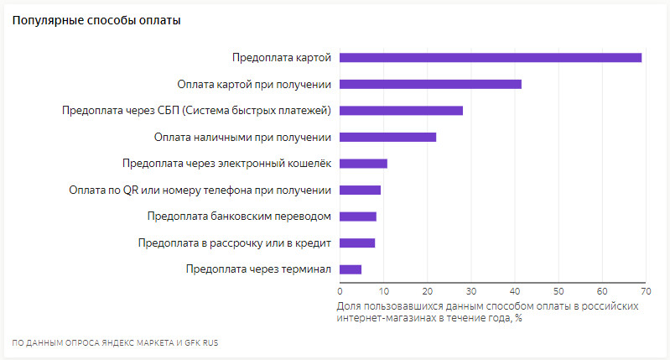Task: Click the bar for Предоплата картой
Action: click(x=491, y=57)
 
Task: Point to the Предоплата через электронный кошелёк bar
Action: click(x=363, y=163)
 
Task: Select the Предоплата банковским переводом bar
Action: click(x=358, y=217)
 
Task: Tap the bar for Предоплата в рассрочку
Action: click(x=357, y=243)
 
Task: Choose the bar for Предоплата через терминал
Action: click(x=351, y=269)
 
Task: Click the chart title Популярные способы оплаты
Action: click(x=96, y=20)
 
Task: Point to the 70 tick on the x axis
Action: click(x=645, y=291)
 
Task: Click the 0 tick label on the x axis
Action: click(x=340, y=291)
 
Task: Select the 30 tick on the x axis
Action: click(x=471, y=291)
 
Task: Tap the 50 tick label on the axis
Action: click(x=558, y=291)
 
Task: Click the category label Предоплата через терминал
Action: click(x=258, y=269)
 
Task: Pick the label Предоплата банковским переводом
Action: click(x=239, y=217)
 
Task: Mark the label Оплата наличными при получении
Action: click(x=243, y=137)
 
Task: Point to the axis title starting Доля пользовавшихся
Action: click(x=487, y=311)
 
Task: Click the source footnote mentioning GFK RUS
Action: click(x=115, y=342)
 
